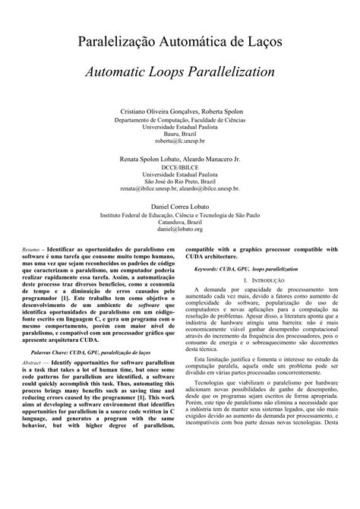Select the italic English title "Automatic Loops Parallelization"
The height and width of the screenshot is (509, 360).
[x=179, y=74]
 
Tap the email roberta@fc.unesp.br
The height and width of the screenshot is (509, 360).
[x=179, y=141]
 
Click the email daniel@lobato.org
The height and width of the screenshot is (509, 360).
[x=179, y=229]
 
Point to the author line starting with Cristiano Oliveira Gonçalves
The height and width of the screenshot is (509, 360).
[x=179, y=112]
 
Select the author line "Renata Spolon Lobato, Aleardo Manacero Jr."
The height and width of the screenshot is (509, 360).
[x=179, y=160]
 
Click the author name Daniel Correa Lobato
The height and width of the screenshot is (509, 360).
[x=179, y=207]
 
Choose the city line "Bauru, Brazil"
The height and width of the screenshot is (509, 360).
[x=179, y=134]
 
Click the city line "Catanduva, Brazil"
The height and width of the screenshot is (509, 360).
[x=179, y=221]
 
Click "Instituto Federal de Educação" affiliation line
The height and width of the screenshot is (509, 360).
[x=179, y=214]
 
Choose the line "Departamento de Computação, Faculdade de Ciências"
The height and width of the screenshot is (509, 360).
[x=179, y=119]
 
